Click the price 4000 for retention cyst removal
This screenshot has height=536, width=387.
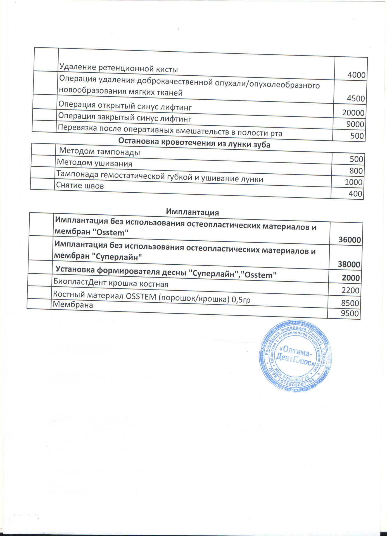[x=356, y=75]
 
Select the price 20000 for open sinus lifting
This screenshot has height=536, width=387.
[x=353, y=113]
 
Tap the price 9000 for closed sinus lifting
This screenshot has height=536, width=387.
[x=355, y=124]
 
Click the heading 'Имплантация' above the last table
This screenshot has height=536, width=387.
[x=192, y=212]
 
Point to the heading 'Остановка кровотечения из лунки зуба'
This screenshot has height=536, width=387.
[x=194, y=143]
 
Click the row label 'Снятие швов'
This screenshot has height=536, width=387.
[x=80, y=185]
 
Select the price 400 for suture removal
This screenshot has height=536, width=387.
[x=355, y=193]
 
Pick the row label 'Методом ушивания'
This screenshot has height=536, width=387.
[x=94, y=163]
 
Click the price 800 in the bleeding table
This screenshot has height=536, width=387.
[x=356, y=171]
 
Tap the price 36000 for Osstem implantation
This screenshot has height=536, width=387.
[x=350, y=240]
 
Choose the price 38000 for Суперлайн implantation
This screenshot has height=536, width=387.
[x=349, y=264]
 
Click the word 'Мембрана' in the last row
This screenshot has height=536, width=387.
[x=73, y=305]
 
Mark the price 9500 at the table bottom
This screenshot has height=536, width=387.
[x=350, y=314]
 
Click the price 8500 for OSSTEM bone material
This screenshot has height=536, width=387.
[x=350, y=303]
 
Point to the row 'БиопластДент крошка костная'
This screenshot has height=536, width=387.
[x=111, y=283]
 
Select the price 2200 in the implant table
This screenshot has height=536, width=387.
[x=350, y=290]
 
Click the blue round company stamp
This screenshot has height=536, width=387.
[x=295, y=356]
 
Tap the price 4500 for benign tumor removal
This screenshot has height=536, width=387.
[x=356, y=99]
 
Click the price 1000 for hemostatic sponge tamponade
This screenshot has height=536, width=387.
[x=353, y=182]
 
